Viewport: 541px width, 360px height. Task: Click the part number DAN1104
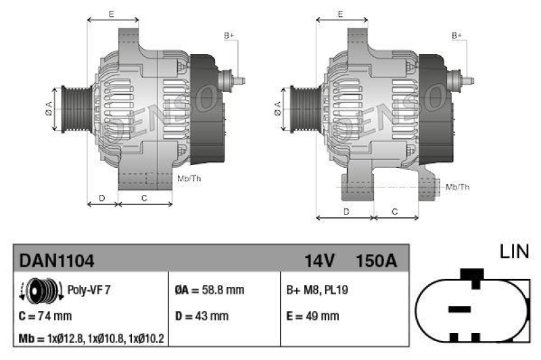pyautogui.click(x=57, y=259)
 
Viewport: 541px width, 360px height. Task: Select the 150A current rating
pyautogui.click(x=376, y=259)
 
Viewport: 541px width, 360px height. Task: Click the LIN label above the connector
pyautogui.click(x=514, y=252)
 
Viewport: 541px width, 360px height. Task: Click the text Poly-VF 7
pyautogui.click(x=89, y=290)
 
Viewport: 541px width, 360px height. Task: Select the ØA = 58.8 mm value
pyautogui.click(x=210, y=290)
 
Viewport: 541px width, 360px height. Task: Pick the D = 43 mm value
pyautogui.click(x=202, y=315)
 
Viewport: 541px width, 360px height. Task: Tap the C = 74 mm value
pyautogui.click(x=46, y=315)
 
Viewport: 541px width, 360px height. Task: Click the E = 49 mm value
pyautogui.click(x=312, y=315)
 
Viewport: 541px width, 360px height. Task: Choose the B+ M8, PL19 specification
pyautogui.click(x=317, y=290)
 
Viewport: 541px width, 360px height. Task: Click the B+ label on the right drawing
pyautogui.click(x=457, y=35)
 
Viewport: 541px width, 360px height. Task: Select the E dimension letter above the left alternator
pyautogui.click(x=111, y=14)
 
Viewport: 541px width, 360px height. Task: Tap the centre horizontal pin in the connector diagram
pyautogui.click(x=459, y=309)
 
